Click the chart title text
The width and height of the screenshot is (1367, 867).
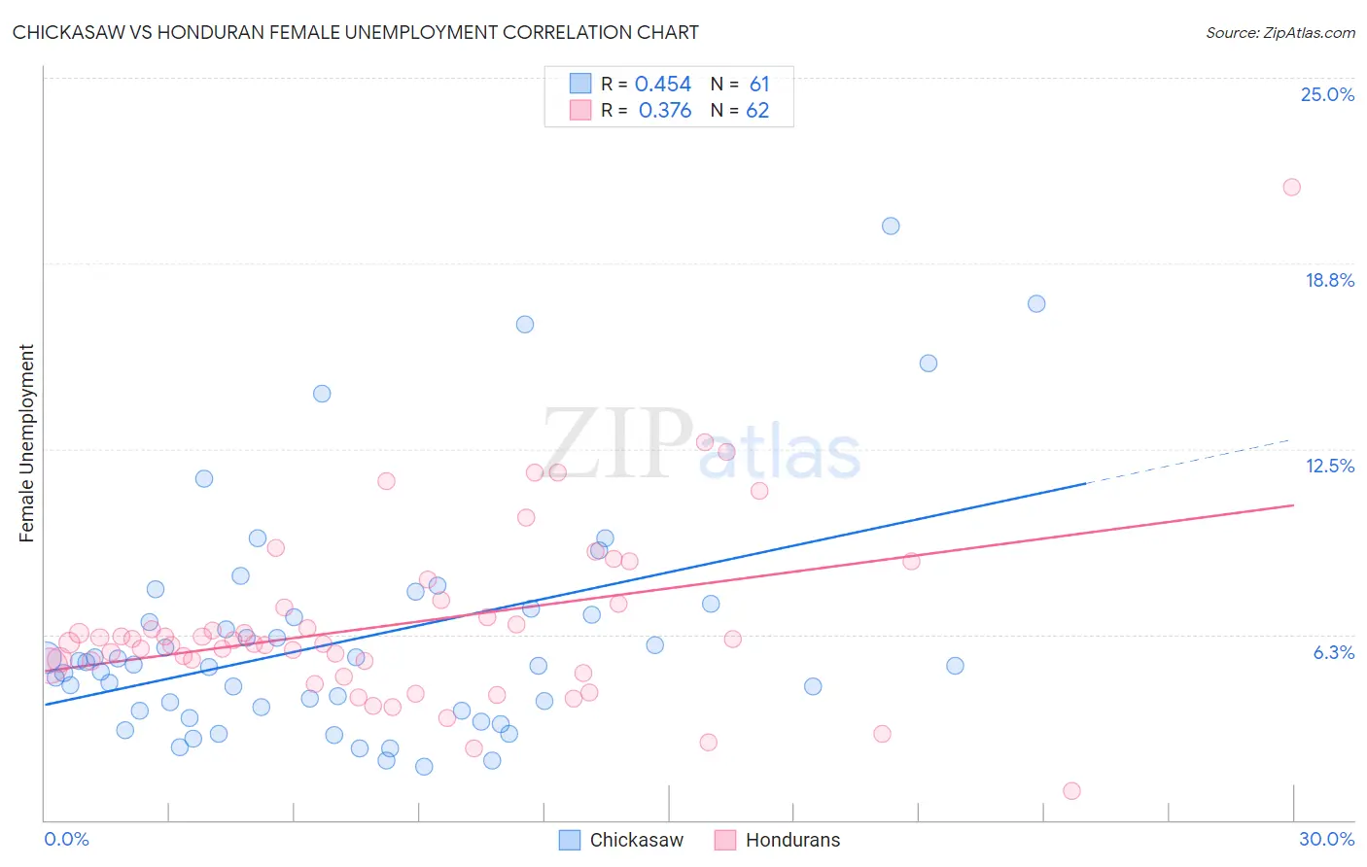(355, 32)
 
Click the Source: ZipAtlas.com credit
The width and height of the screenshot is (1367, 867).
(1279, 32)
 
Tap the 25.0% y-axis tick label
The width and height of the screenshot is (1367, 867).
(1327, 94)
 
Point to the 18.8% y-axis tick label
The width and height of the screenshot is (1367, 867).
(1329, 280)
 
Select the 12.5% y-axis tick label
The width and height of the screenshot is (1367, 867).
(1329, 466)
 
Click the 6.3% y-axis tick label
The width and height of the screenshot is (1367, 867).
(1333, 652)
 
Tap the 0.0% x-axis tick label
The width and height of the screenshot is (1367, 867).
(66, 839)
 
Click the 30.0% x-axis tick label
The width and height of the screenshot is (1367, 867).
(1326, 839)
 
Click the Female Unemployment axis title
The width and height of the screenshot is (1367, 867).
(26, 442)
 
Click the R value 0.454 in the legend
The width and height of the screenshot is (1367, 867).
(663, 85)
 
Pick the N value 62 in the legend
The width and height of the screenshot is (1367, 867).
(757, 111)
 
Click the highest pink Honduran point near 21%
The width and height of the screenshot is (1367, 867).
(1291, 188)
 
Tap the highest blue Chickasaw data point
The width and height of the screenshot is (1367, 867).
(891, 226)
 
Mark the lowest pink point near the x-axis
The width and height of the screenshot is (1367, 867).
(1071, 791)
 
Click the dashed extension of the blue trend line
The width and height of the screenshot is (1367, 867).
(1191, 461)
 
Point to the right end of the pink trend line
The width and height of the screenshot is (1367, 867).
(1292, 505)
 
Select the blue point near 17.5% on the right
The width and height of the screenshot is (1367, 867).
(1036, 304)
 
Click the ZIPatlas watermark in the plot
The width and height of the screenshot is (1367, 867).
(700, 445)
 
